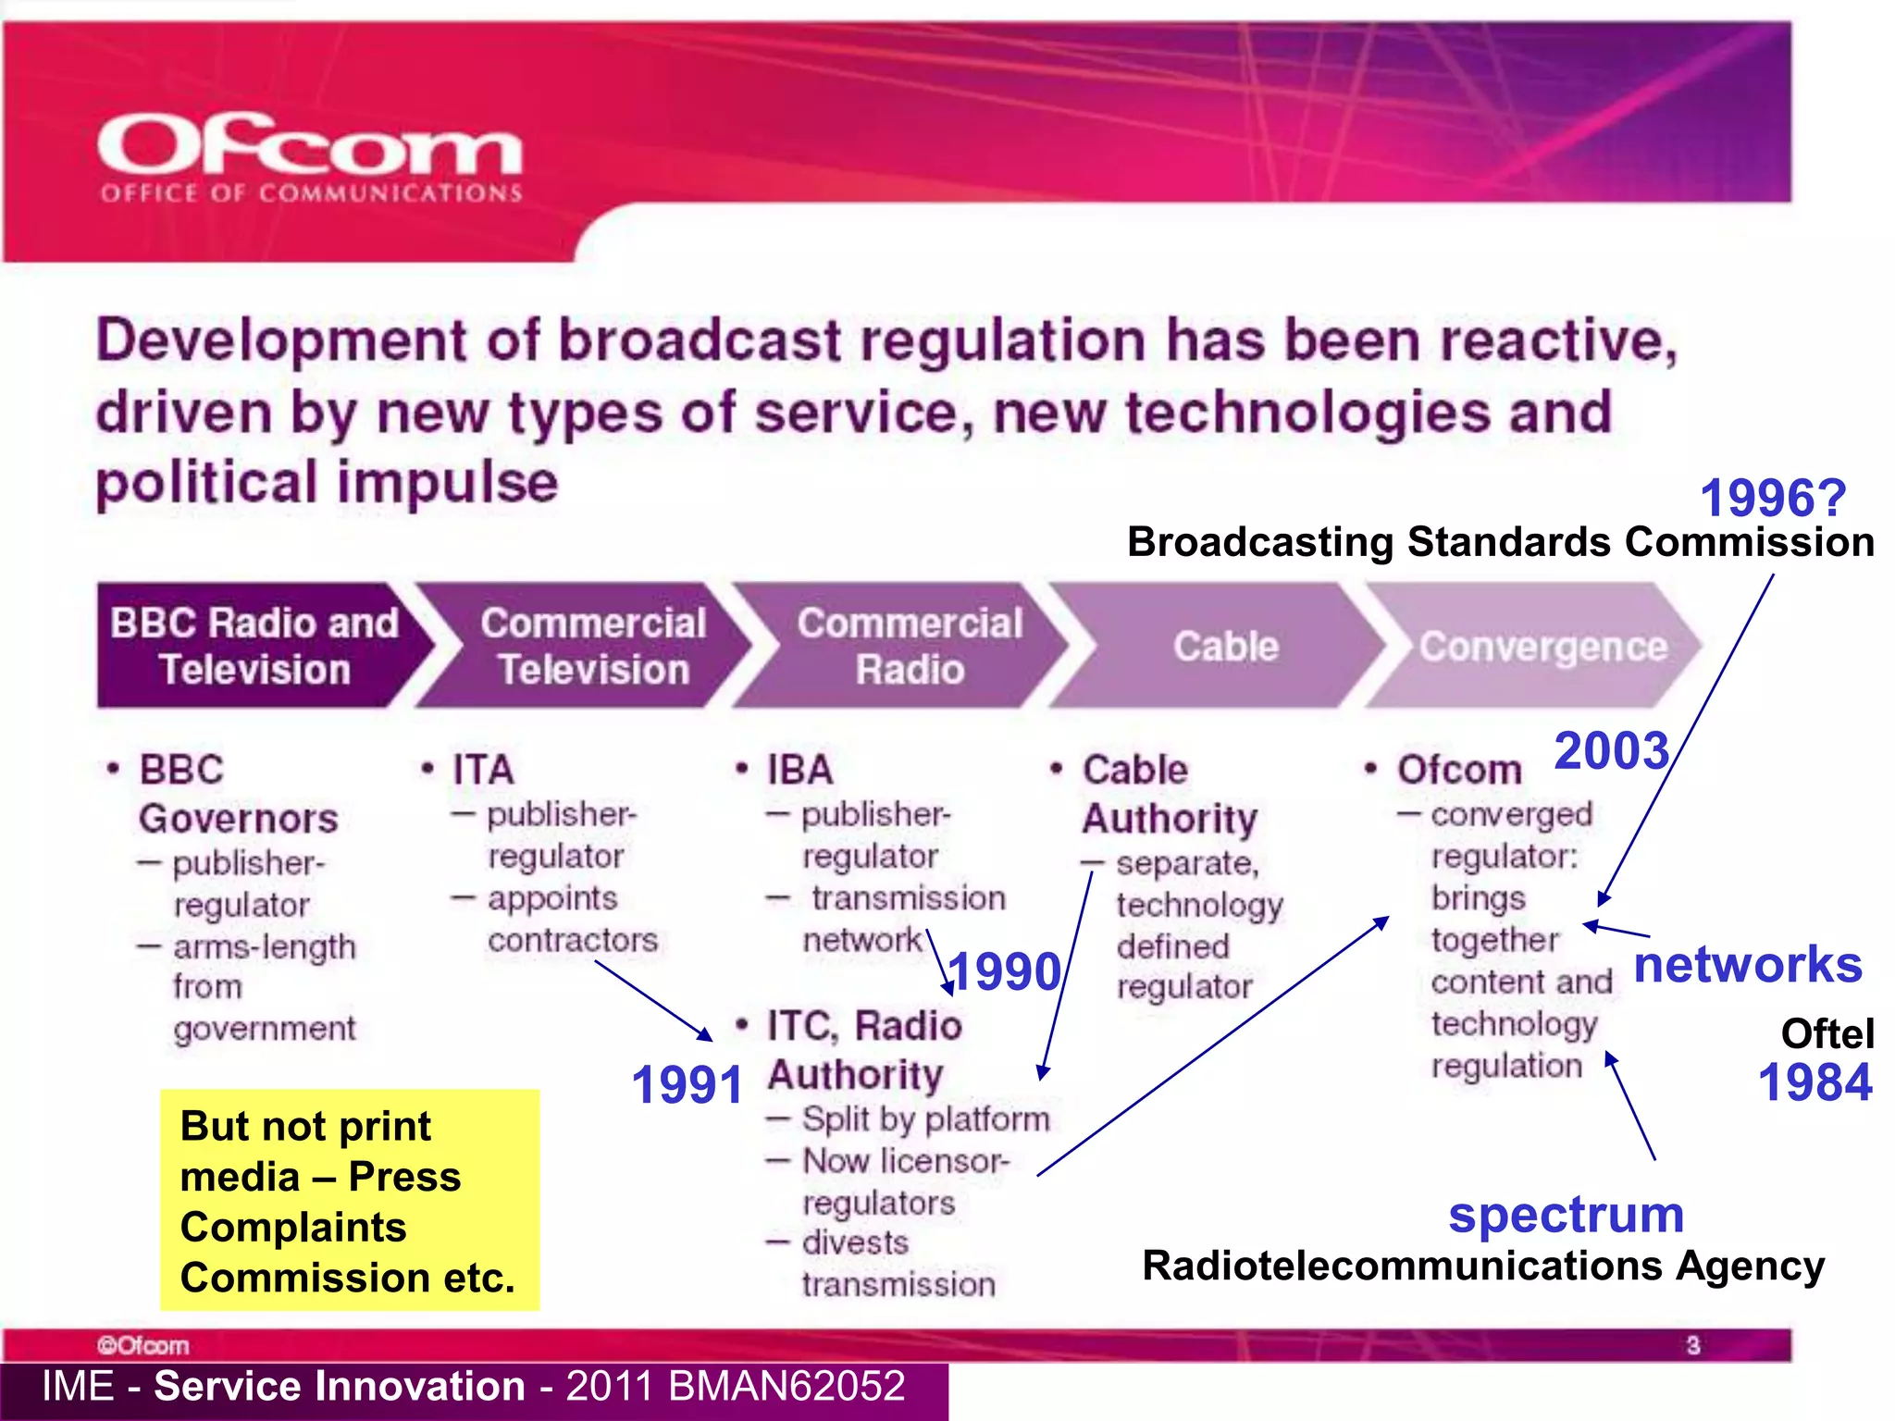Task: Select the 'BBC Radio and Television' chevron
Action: tap(254, 646)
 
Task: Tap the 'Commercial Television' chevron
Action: tap(592, 646)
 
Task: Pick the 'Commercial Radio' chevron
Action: tap(910, 646)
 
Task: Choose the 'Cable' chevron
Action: tap(1225, 646)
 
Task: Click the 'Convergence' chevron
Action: tap(1542, 646)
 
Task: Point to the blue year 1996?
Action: tap(1772, 498)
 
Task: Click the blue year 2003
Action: tap(1611, 749)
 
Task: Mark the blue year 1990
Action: tap(1005, 971)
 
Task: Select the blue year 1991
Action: tap(687, 1084)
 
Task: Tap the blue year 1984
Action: tap(1814, 1081)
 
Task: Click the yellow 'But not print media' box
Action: tap(349, 1200)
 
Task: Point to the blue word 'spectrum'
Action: tap(1566, 1214)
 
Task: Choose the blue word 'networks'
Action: tap(1747, 964)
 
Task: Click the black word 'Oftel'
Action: tap(1827, 1033)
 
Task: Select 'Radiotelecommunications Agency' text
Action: tap(1483, 1265)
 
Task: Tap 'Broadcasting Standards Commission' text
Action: tap(1500, 542)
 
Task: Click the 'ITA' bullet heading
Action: tap(482, 770)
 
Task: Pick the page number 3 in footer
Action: tap(1692, 1344)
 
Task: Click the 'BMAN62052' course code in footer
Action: tap(786, 1386)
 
